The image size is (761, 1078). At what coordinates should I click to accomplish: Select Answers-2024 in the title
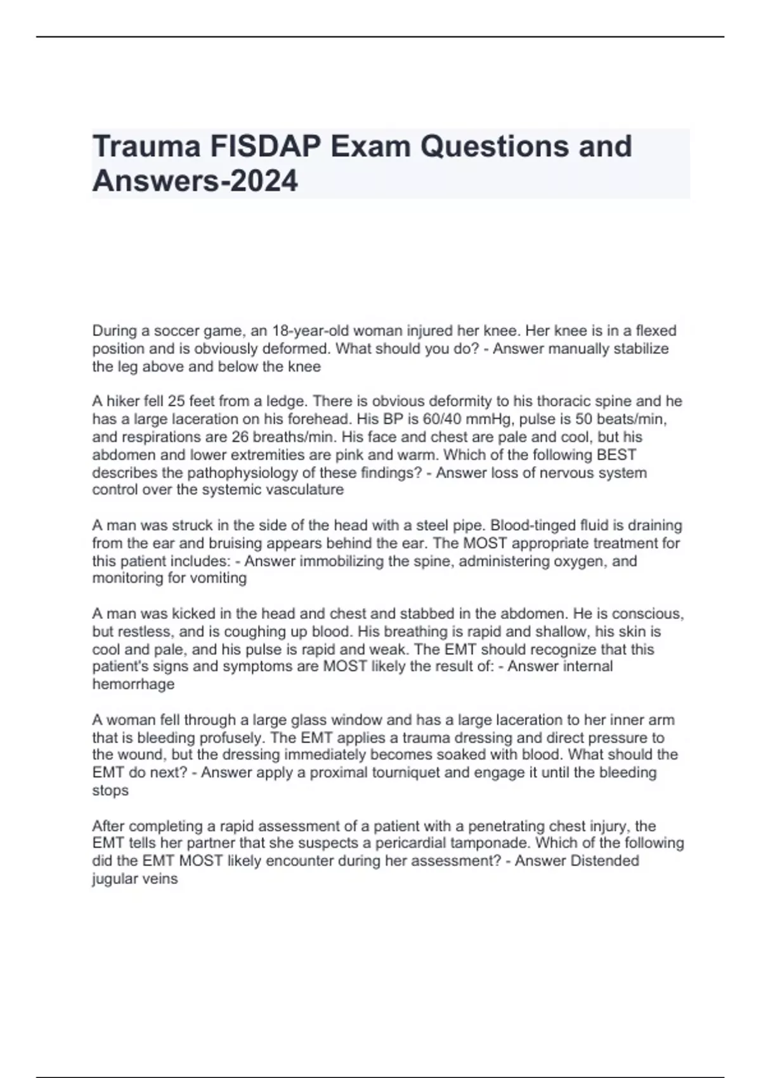tap(195, 181)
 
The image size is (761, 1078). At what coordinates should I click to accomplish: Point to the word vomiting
tap(215, 578)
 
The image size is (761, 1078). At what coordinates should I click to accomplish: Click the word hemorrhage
tap(133, 684)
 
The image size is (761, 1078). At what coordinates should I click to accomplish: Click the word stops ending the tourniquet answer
tap(110, 791)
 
